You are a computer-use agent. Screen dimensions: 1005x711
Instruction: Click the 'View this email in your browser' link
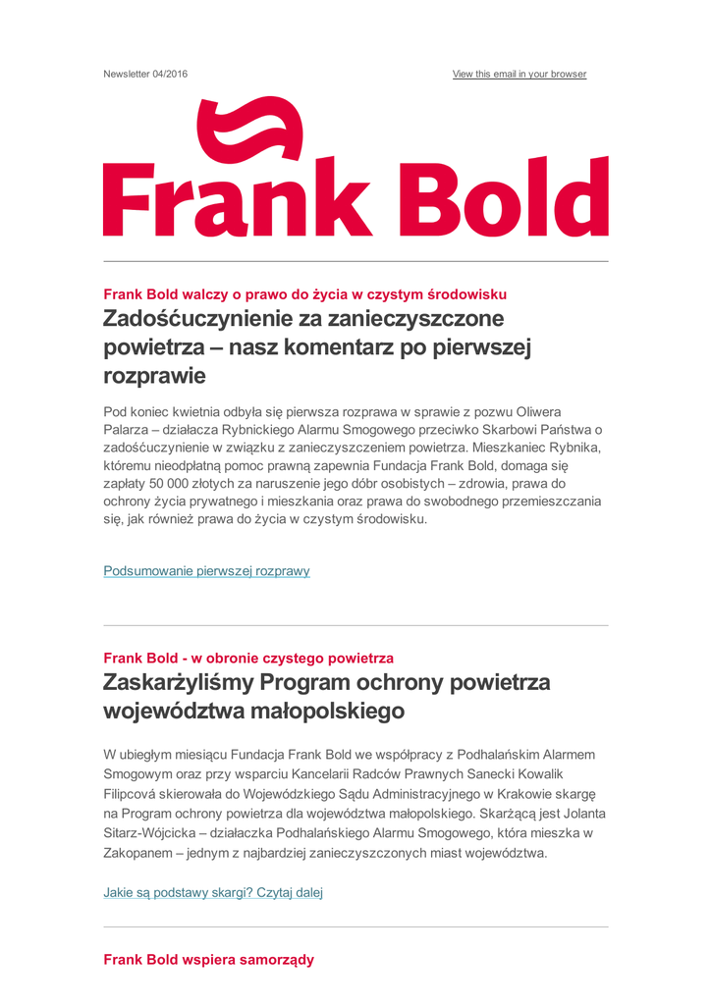point(519,75)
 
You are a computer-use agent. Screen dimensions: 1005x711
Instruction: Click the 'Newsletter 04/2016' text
point(145,75)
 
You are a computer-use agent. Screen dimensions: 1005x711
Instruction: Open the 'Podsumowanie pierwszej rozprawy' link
point(206,571)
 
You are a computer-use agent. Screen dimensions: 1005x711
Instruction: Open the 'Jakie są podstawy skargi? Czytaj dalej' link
point(213,893)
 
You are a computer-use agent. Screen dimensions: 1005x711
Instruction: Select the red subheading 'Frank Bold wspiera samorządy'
point(208,960)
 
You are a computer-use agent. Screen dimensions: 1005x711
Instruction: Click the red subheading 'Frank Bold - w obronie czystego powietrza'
point(248,658)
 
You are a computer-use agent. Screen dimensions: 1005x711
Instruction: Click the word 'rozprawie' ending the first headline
point(154,376)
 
